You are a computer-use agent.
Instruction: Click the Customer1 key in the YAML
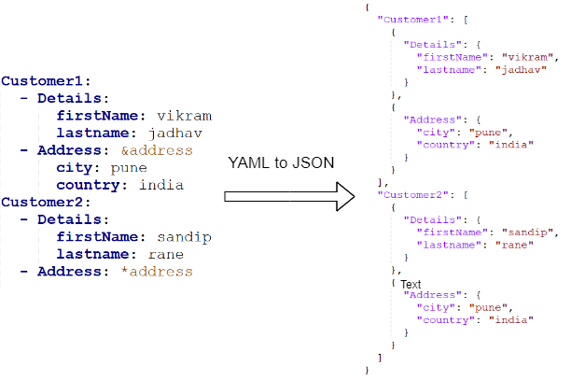pyautogui.click(x=43, y=81)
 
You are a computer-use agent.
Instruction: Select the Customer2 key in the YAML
pyautogui.click(x=43, y=202)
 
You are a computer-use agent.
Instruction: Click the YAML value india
pyautogui.click(x=161, y=185)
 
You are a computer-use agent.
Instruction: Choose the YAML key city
pyautogui.click(x=78, y=168)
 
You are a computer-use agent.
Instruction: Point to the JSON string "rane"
pyautogui.click(x=491, y=245)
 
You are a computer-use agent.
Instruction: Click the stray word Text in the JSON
pyautogui.click(x=412, y=283)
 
